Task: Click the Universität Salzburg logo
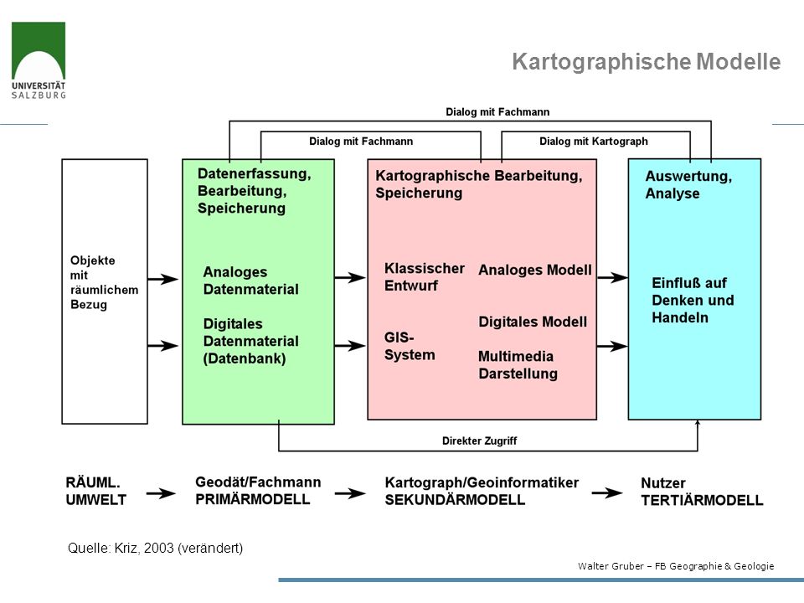pos(39,60)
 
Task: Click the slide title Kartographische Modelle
pos(646,61)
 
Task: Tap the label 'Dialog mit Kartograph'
pos(593,141)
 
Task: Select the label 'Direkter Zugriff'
pos(479,441)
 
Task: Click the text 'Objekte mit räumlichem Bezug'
pos(104,282)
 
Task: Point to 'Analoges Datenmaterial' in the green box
pos(250,281)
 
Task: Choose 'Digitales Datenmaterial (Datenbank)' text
pos(250,341)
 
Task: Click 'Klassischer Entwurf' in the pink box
pos(425,277)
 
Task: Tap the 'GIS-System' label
pos(410,346)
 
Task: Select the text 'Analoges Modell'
pos(535,270)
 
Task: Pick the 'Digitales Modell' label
pos(533,322)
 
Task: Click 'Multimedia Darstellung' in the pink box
pos(518,364)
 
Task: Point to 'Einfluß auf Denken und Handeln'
pos(693,300)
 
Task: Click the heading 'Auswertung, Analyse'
pos(688,184)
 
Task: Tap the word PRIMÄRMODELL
pos(252,499)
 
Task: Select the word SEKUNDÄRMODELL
pos(455,500)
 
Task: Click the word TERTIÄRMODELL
pos(702,500)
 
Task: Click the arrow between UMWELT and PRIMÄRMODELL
pos(161,493)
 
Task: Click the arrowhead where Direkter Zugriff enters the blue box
pos(698,422)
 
